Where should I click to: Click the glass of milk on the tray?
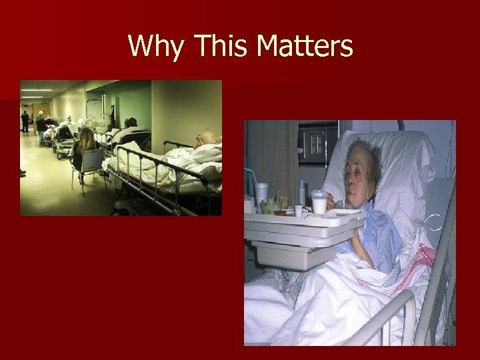(x=319, y=201)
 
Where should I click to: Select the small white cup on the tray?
(x=299, y=211)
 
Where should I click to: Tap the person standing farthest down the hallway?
(x=25, y=120)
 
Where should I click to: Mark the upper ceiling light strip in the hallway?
(x=37, y=89)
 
